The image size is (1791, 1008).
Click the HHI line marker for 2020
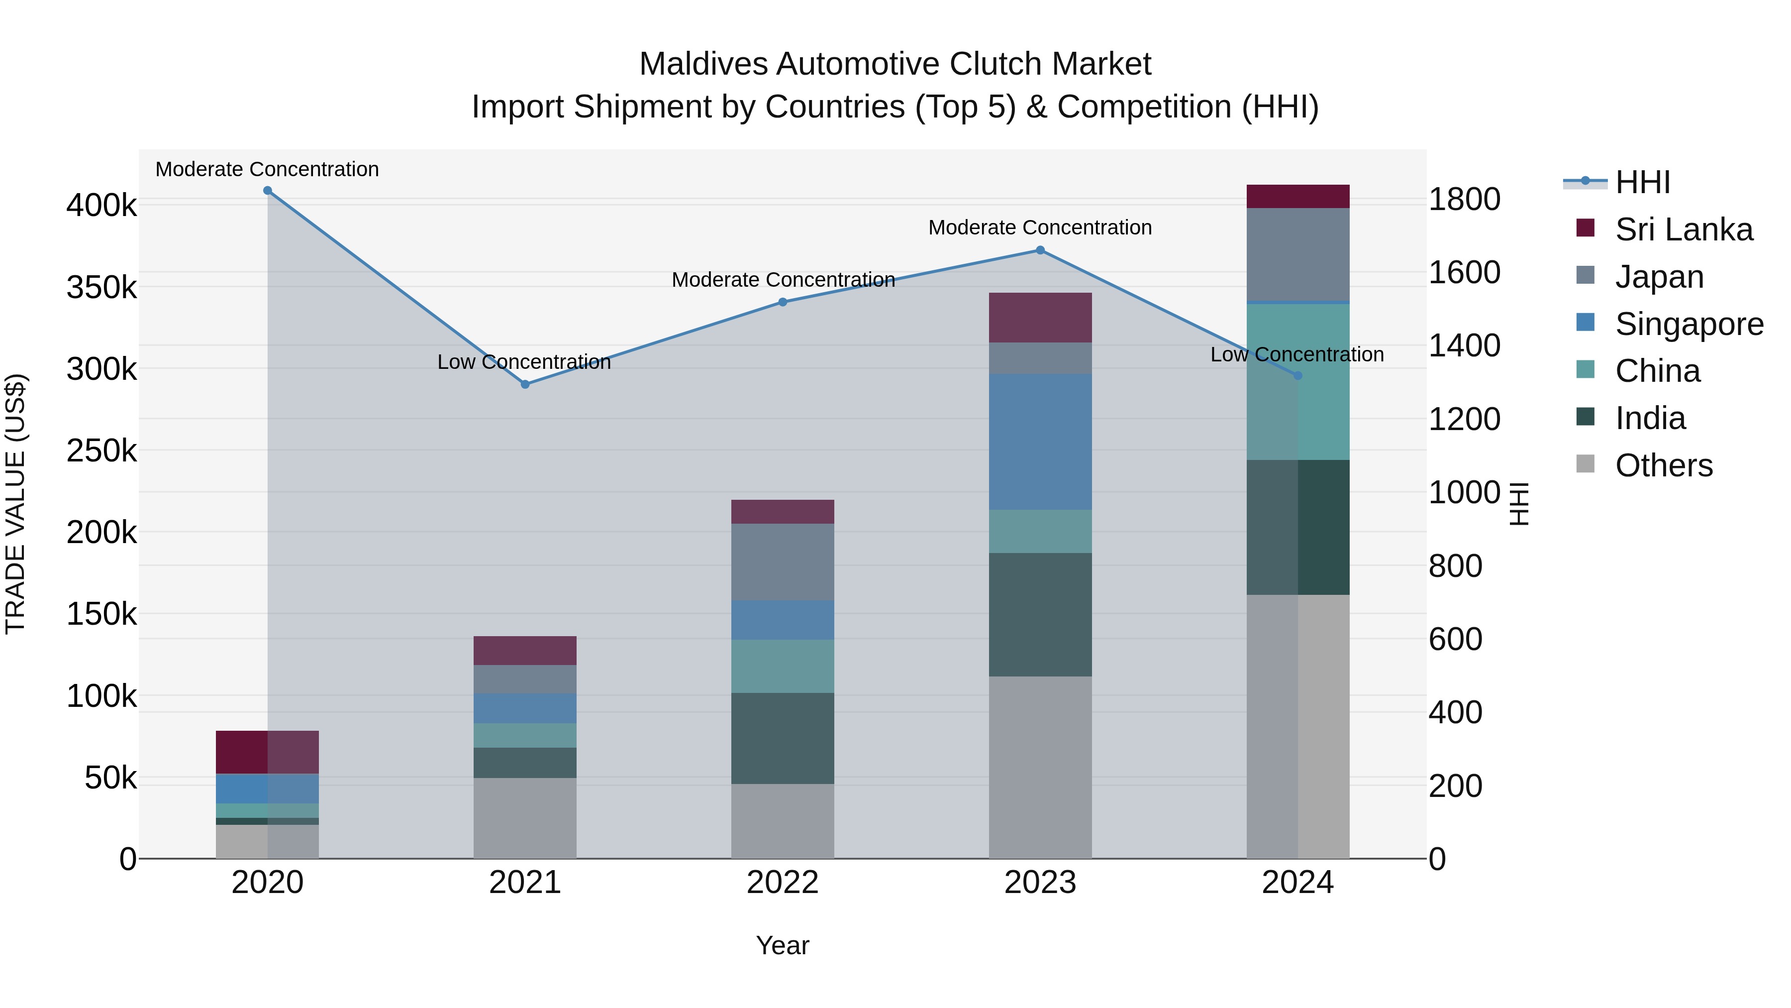[x=268, y=191]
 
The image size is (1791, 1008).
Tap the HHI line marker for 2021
[x=526, y=385]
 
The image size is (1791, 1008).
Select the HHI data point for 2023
[x=1040, y=250]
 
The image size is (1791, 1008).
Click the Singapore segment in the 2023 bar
[x=1040, y=442]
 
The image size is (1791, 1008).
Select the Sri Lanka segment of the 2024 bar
[x=1297, y=197]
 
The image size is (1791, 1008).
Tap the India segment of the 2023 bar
[x=1040, y=614]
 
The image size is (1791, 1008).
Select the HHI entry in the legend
[x=1642, y=182]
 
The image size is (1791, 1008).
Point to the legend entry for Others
[x=1664, y=465]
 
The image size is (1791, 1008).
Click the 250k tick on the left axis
[x=101, y=451]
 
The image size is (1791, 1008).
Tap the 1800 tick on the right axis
[x=1464, y=200]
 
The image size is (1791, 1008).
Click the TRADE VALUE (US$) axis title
[x=15, y=504]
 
